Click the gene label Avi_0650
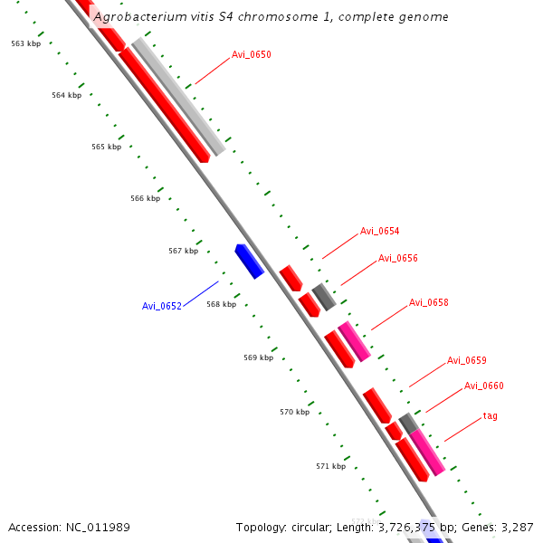[251, 55]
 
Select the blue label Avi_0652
[162, 306]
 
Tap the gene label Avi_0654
[379, 231]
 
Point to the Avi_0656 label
[397, 258]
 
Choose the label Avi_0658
[428, 302]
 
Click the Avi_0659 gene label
[466, 360]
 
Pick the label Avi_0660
[483, 386]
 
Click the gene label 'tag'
[490, 416]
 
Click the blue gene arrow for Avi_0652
[248, 261]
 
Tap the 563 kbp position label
[25, 43]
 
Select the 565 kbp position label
[106, 147]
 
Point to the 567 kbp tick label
[183, 251]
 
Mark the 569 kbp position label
[258, 357]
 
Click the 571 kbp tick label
[330, 466]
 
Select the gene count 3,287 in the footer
[517, 527]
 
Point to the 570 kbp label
[294, 412]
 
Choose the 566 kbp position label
[145, 198]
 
